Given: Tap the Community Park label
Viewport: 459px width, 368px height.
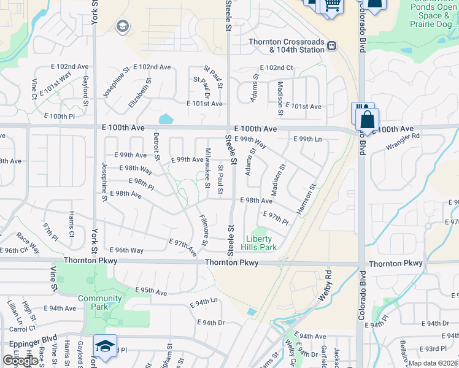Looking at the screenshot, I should coord(100,302).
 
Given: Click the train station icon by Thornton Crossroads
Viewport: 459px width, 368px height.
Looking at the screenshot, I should coord(331,45).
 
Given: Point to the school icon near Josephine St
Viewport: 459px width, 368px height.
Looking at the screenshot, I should coord(122,26).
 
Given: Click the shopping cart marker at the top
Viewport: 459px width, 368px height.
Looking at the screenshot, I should coord(332,5).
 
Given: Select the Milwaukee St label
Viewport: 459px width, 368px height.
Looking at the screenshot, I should coord(207,168).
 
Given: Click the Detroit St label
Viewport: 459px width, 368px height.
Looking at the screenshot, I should coord(156,147).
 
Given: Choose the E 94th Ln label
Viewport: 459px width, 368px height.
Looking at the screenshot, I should coord(204,302).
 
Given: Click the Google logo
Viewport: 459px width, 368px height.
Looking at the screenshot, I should coord(20,361).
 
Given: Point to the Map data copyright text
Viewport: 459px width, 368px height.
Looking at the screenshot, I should coord(432,363).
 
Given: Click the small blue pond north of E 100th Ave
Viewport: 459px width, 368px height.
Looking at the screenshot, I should coord(166,118).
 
